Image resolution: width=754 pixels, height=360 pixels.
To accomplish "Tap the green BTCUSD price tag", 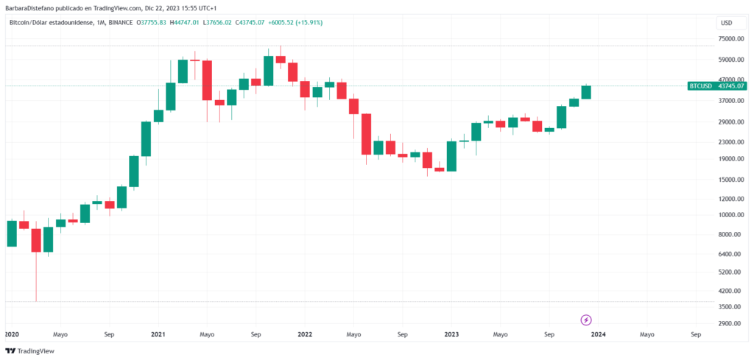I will click(x=711, y=86).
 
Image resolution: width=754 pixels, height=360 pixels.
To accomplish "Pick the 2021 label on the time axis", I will click(x=157, y=333).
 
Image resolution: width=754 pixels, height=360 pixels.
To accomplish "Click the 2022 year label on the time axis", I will click(x=304, y=333).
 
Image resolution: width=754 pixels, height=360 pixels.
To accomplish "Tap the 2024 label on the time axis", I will click(x=598, y=333).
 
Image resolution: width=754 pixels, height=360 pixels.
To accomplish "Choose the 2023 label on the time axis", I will click(x=451, y=333).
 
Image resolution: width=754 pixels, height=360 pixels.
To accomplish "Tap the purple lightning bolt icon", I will click(x=586, y=320).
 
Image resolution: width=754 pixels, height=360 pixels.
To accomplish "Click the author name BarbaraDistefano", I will click(x=31, y=7).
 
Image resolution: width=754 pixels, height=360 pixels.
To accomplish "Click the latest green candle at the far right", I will click(x=586, y=92).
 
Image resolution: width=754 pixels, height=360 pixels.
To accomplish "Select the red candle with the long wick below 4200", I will click(x=36, y=240).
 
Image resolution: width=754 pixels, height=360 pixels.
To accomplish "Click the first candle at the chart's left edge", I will click(x=12, y=233).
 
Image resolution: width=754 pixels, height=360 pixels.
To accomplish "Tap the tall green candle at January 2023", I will click(x=451, y=156).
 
